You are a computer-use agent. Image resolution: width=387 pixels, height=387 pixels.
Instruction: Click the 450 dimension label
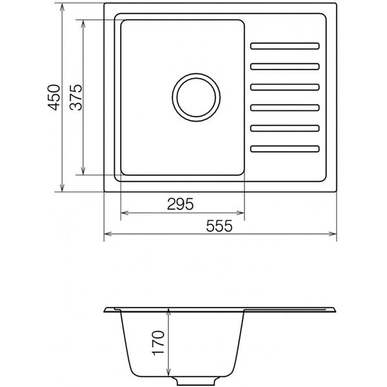(x=54, y=97)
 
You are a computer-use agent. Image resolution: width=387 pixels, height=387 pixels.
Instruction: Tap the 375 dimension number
(x=75, y=97)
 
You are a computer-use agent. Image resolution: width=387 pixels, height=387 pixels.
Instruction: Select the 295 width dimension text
(x=181, y=204)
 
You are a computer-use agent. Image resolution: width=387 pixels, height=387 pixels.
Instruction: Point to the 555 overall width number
(x=219, y=226)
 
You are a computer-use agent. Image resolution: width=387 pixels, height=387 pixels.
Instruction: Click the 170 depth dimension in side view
(x=159, y=343)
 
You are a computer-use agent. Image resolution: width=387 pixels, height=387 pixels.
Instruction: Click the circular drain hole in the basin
(x=196, y=74)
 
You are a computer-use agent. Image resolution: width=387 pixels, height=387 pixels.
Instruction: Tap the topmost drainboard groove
(x=285, y=46)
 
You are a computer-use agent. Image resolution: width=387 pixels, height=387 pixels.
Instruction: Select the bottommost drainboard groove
(x=285, y=149)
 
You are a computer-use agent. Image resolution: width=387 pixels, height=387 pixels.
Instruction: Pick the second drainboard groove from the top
(x=285, y=66)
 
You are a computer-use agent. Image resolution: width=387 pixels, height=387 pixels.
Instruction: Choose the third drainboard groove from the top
(x=285, y=87)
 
